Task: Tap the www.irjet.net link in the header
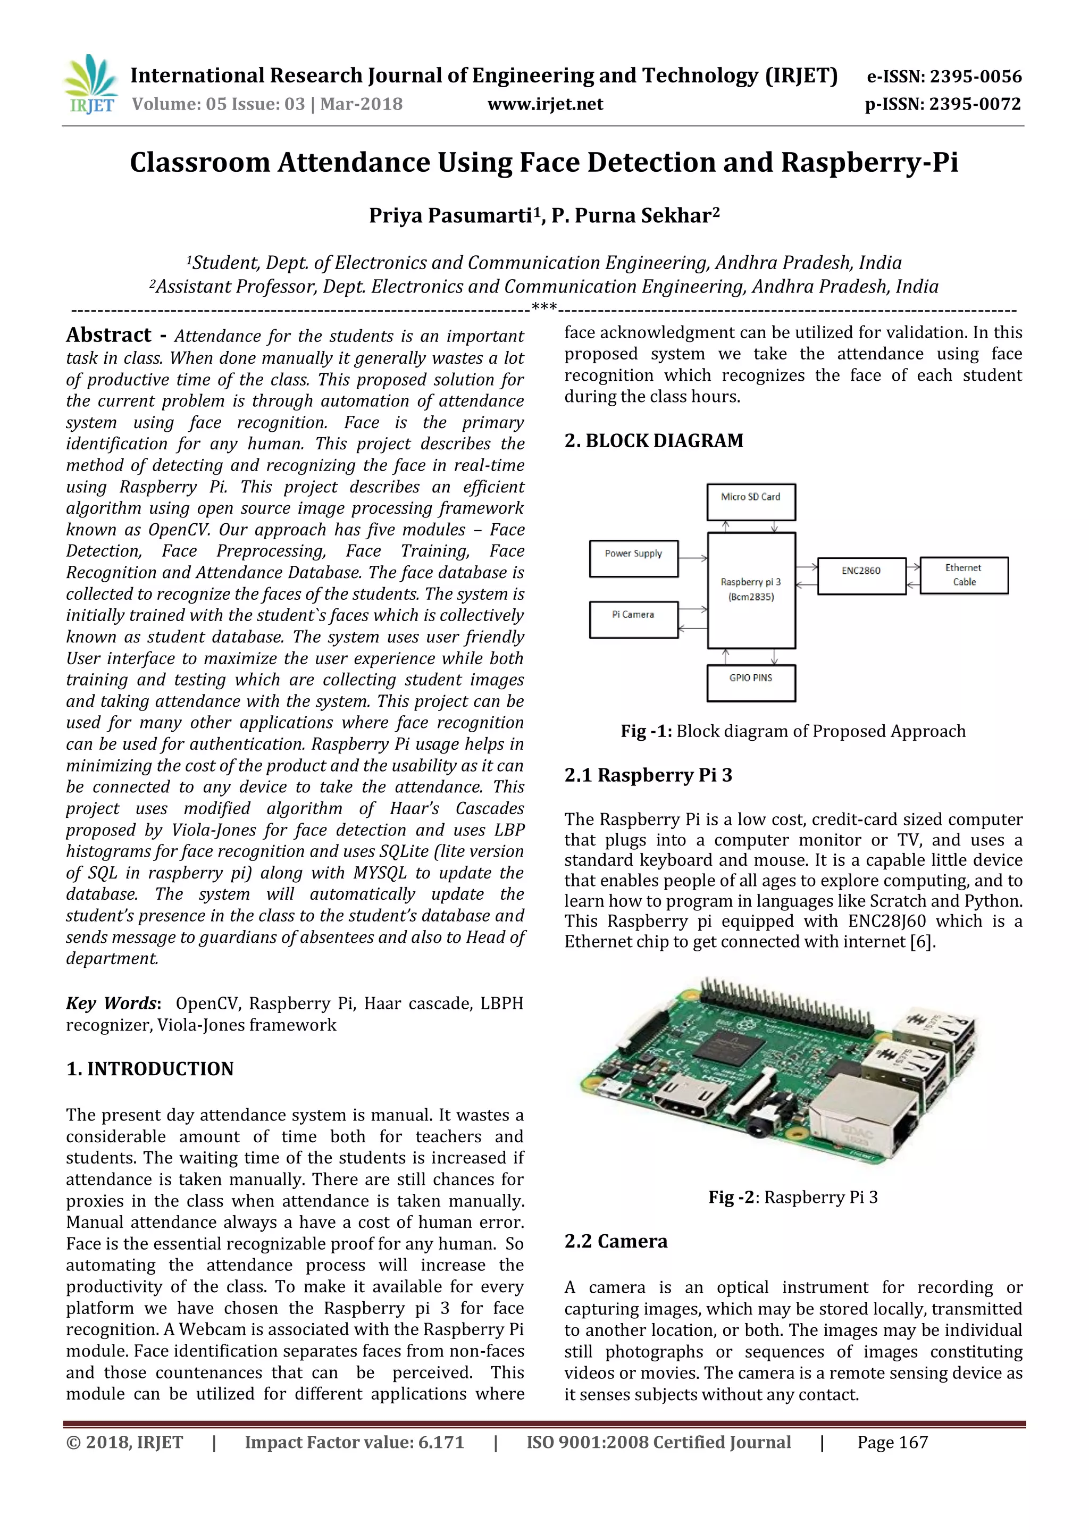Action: click(544, 104)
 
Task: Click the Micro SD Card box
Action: click(750, 501)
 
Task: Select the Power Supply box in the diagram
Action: click(633, 558)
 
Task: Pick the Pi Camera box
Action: click(633, 618)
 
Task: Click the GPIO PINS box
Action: click(750, 682)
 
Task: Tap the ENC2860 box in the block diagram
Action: click(861, 575)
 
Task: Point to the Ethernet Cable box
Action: click(964, 575)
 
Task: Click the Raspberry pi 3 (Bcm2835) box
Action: click(750, 590)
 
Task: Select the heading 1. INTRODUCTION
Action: click(149, 1068)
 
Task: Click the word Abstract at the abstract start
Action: click(108, 334)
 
